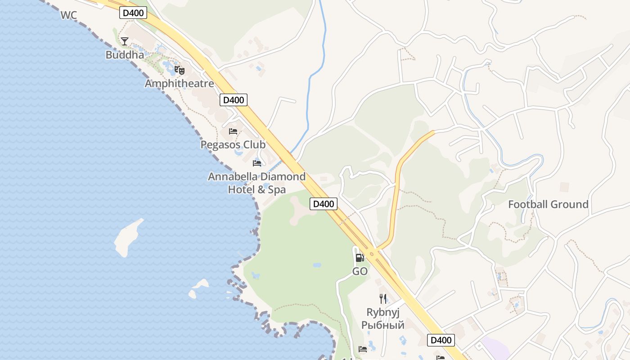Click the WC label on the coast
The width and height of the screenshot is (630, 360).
[68, 15]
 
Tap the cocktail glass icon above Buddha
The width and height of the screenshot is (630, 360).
[125, 41]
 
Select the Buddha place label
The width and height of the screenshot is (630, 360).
[125, 55]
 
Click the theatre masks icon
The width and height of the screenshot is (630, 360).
[180, 70]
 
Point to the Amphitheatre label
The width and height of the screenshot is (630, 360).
[179, 84]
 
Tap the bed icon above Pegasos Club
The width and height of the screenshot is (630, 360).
[233, 131]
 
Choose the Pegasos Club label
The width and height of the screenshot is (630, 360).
[233, 145]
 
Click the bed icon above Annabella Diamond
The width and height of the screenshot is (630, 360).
[257, 163]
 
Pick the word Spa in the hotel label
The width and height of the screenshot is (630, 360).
[277, 189]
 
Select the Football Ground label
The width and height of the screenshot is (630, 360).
[548, 204]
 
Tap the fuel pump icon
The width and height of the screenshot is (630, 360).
[360, 258]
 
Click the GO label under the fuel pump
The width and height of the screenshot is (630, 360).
[360, 271]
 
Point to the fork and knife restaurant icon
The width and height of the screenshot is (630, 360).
[383, 298]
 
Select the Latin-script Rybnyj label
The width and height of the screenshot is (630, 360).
[383, 312]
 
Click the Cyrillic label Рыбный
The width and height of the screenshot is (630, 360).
[383, 325]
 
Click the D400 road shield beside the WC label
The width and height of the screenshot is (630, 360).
[133, 13]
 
